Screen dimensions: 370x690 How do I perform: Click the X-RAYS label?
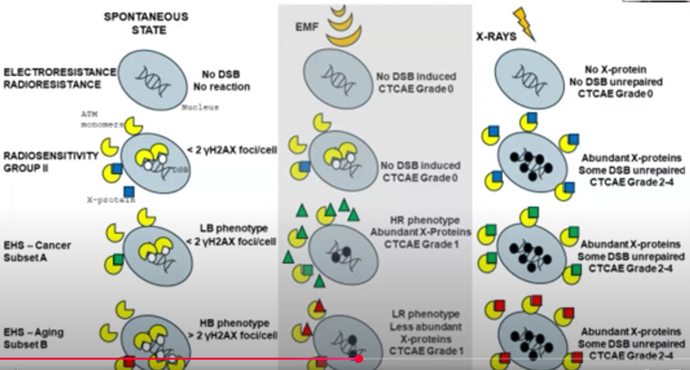(x=496, y=37)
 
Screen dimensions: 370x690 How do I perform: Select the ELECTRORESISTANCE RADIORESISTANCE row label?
(x=60, y=78)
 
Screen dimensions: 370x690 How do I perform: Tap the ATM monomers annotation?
(x=97, y=120)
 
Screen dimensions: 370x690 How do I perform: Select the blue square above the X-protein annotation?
(x=128, y=191)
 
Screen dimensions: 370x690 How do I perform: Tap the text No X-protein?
(x=615, y=69)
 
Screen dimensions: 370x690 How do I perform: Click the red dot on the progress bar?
(x=359, y=358)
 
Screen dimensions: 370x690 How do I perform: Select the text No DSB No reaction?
(x=221, y=80)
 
